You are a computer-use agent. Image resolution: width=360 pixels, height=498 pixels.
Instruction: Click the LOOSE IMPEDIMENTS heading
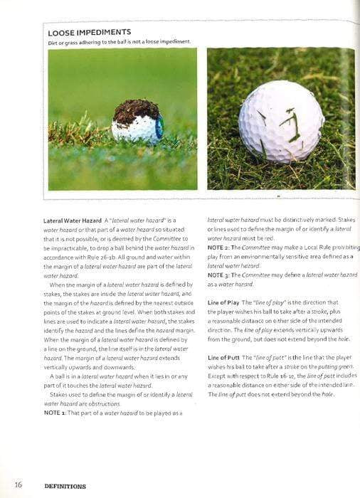(89, 33)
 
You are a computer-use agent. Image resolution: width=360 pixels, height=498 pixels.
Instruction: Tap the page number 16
(18, 485)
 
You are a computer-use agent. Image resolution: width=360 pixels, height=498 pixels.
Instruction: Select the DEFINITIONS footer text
(65, 486)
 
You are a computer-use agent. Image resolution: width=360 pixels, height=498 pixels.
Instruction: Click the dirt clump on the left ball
(137, 111)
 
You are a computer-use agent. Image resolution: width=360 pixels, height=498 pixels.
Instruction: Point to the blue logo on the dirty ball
(159, 127)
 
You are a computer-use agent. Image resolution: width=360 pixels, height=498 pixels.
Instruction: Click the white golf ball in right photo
(281, 121)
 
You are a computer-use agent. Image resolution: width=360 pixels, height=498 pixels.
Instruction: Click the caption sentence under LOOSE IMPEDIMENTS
(119, 42)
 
